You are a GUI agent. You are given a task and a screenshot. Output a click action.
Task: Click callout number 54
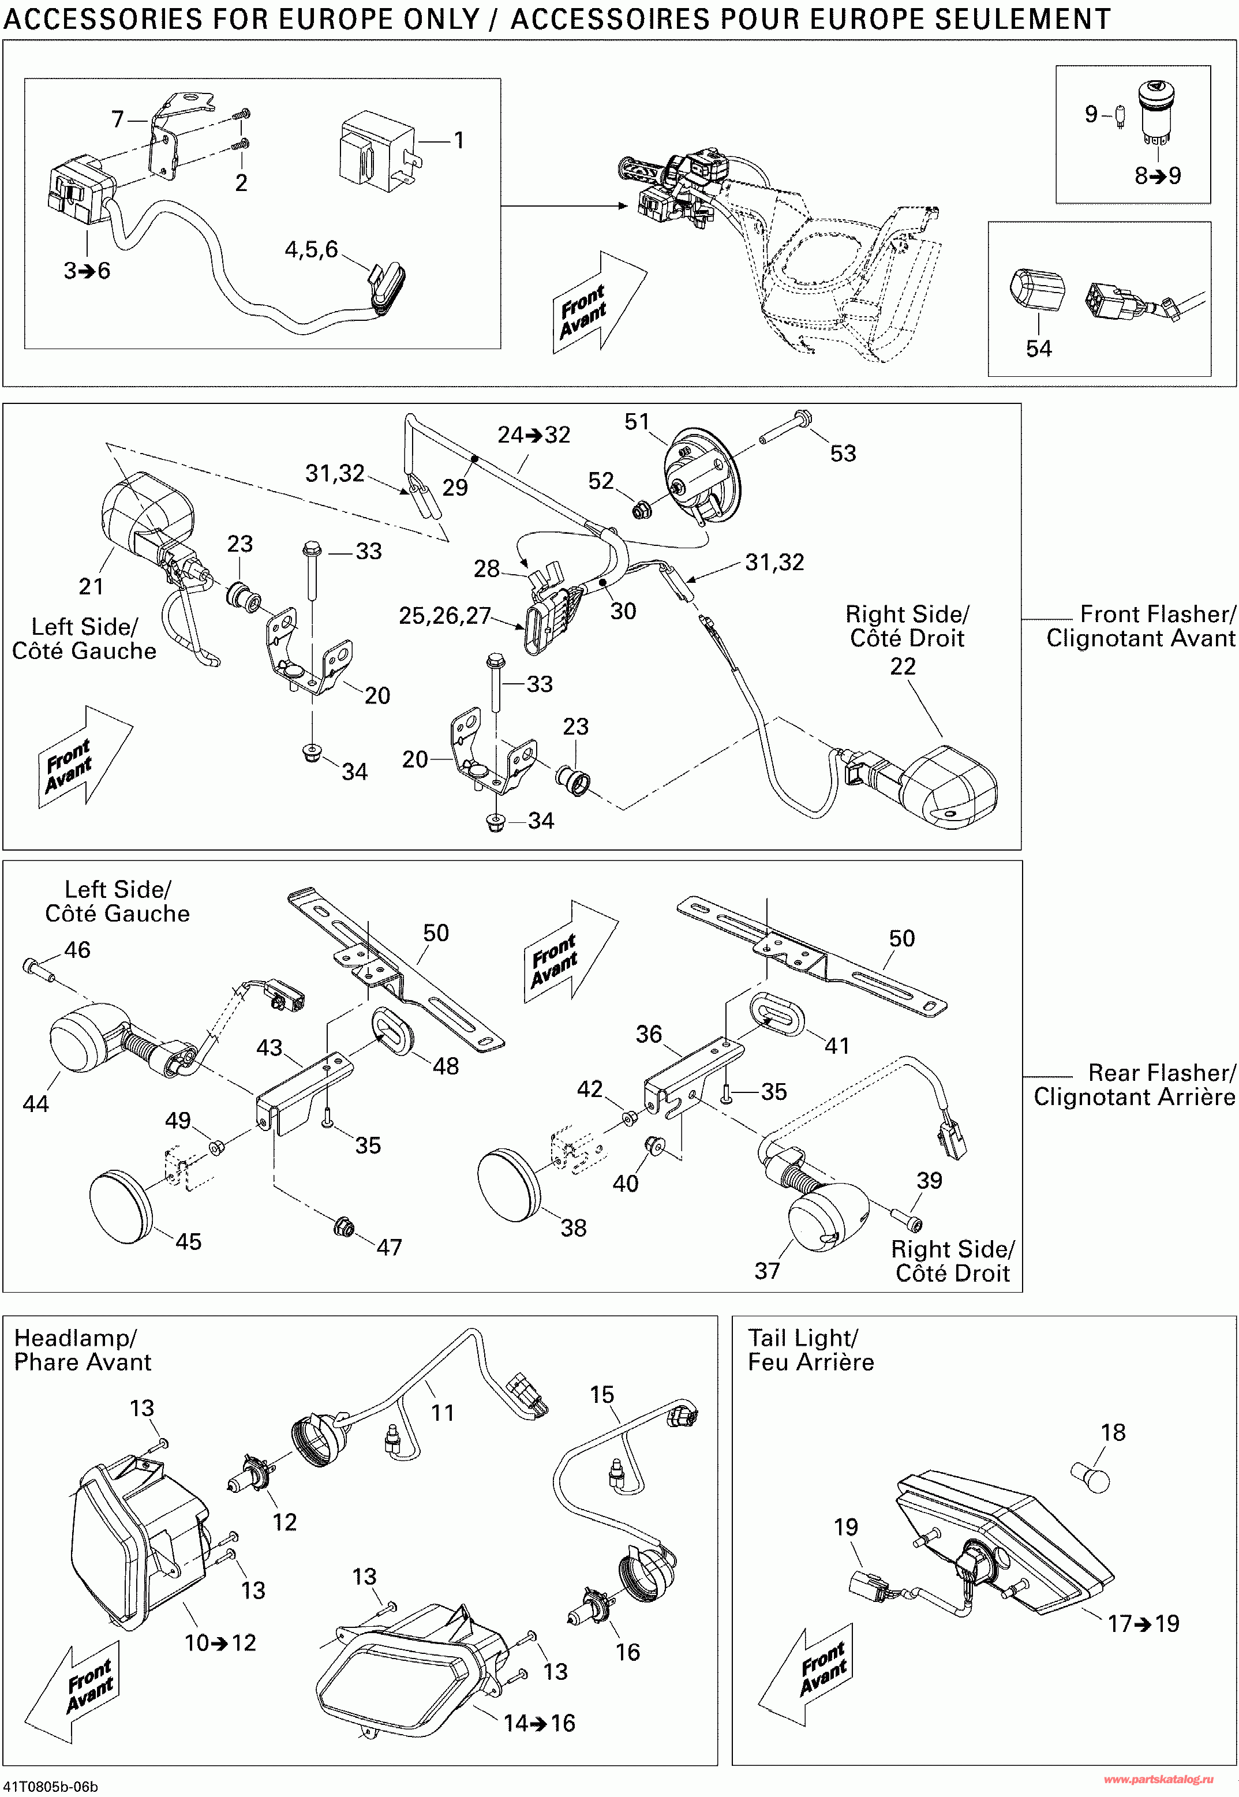tap(1038, 349)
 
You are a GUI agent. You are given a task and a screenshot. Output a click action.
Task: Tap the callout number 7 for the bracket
tap(117, 119)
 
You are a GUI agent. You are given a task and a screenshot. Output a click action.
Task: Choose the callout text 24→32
tap(534, 435)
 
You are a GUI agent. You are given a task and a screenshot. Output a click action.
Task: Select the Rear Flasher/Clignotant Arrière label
tap(1134, 1084)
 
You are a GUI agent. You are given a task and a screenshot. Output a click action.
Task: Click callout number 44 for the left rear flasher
tap(36, 1103)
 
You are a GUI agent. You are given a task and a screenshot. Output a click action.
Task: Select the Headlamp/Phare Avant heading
tap(83, 1349)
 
